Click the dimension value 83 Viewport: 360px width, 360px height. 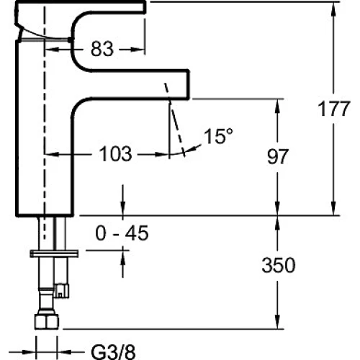click(102, 49)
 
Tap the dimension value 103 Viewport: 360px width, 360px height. click(115, 154)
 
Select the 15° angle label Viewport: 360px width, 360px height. click(218, 136)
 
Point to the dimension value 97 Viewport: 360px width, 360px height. click(277, 156)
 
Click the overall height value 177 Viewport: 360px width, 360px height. click(334, 109)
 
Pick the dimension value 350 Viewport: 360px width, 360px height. click(279, 265)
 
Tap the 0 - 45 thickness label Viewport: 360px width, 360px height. click(122, 233)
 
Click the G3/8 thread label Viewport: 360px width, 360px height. click(114, 352)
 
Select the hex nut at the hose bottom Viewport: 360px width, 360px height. click(47, 321)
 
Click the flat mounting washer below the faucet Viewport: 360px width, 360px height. click(54, 253)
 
